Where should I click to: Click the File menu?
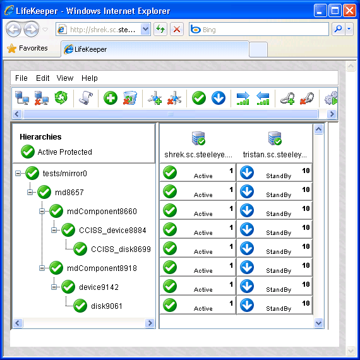[21, 78]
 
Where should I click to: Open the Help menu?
[90, 78]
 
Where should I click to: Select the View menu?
[65, 78]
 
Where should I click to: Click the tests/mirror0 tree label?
[65, 173]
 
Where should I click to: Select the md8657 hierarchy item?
[69, 192]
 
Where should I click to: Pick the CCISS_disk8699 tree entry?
[121, 249]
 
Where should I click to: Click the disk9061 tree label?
[107, 306]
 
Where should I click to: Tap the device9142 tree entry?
[99, 287]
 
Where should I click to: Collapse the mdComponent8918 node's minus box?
[42, 268]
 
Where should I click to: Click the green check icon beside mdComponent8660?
[56, 211]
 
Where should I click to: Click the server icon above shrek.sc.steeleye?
[198, 138]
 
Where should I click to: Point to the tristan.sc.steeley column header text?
[275, 155]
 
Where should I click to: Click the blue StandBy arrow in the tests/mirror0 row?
[247, 172]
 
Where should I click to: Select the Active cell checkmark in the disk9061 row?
[170, 305]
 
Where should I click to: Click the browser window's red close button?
[349, 11]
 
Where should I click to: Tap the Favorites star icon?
[11, 48]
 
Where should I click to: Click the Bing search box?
[259, 29]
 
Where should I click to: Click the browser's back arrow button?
[13, 29]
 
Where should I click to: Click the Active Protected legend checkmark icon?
[28, 152]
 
